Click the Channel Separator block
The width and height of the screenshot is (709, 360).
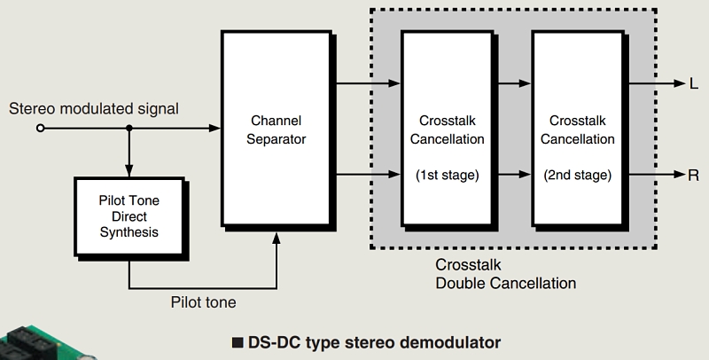pyautogui.click(x=277, y=129)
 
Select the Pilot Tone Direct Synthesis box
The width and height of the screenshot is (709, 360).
pyautogui.click(x=129, y=217)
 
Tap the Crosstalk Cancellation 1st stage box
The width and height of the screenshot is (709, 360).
pyautogui.click(x=446, y=129)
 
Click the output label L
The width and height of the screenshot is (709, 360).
pyautogui.click(x=693, y=84)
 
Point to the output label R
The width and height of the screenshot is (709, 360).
pyautogui.click(x=693, y=175)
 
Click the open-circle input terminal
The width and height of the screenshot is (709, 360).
pyautogui.click(x=40, y=129)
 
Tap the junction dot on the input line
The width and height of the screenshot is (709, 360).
pyautogui.click(x=129, y=129)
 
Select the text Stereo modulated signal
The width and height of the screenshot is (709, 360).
pyautogui.click(x=94, y=109)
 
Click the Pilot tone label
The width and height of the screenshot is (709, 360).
pyautogui.click(x=204, y=302)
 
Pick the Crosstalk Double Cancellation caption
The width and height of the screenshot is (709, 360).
pyautogui.click(x=505, y=274)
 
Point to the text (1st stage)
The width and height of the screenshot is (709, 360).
pyautogui.click(x=447, y=175)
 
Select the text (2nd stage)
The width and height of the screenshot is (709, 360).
pyautogui.click(x=577, y=175)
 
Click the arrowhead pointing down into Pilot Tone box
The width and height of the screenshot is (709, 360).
pyautogui.click(x=129, y=170)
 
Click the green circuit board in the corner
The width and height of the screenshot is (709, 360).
pyautogui.click(x=35, y=341)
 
